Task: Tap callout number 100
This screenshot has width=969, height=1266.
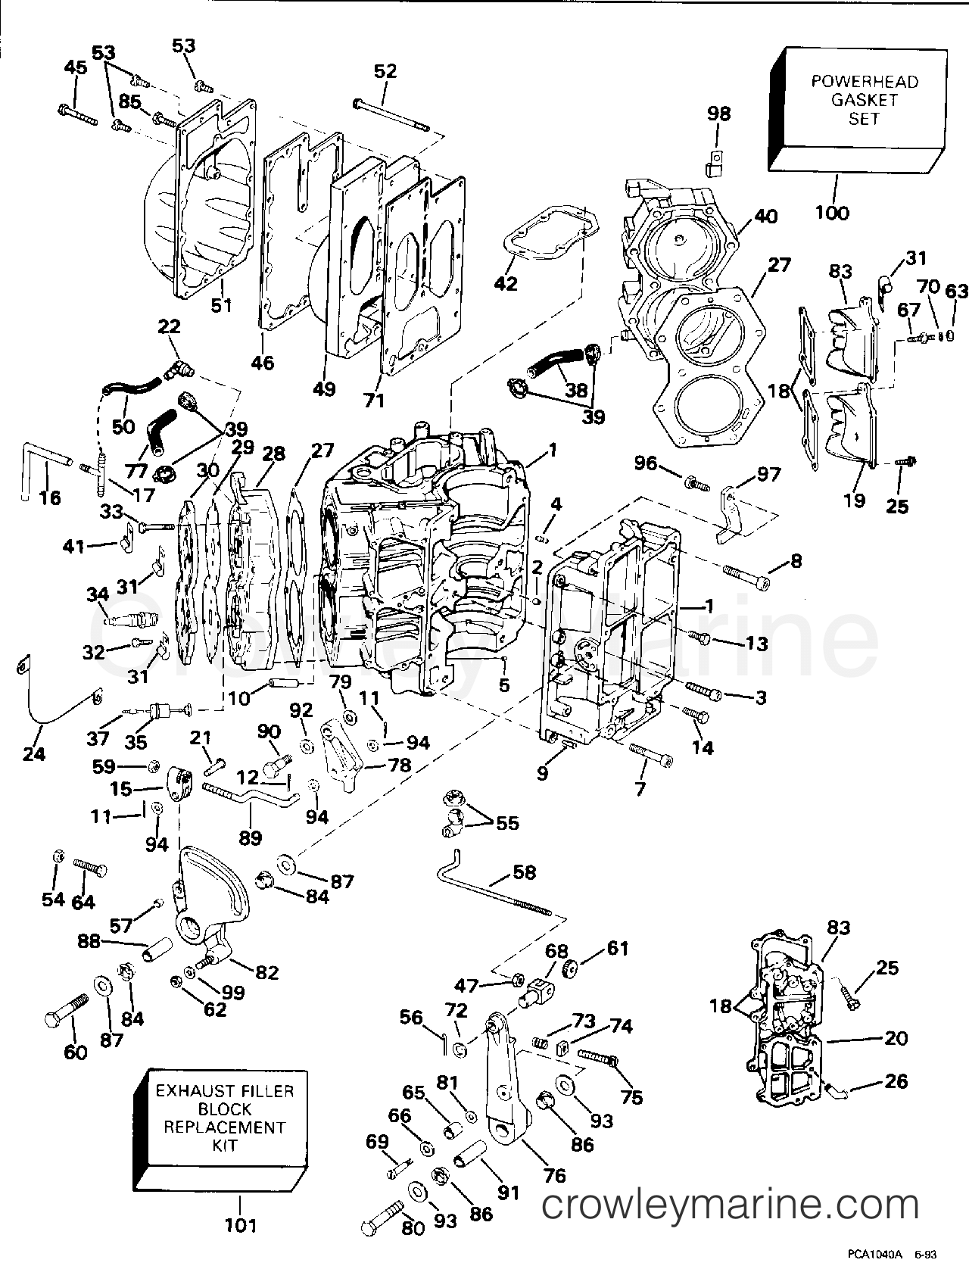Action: [x=832, y=213]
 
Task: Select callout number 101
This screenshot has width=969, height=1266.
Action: [x=241, y=1224]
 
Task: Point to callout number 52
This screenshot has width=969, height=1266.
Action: [x=385, y=70]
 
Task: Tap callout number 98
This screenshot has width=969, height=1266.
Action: [x=718, y=114]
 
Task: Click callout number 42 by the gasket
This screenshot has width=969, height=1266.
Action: [x=506, y=283]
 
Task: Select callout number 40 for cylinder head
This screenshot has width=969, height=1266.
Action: [x=765, y=216]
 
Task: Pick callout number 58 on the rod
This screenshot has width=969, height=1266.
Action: [x=523, y=872]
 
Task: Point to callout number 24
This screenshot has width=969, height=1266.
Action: [x=34, y=753]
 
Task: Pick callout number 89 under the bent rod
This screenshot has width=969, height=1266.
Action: [x=250, y=837]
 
